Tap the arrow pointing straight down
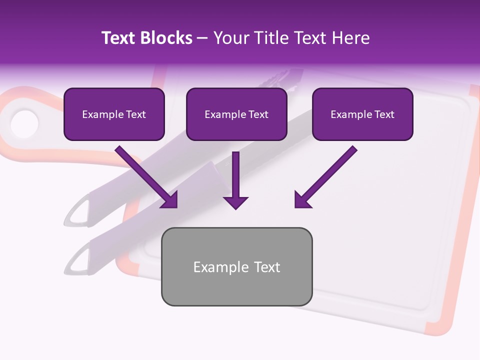tap(235, 180)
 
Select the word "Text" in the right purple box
tap(384, 114)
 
